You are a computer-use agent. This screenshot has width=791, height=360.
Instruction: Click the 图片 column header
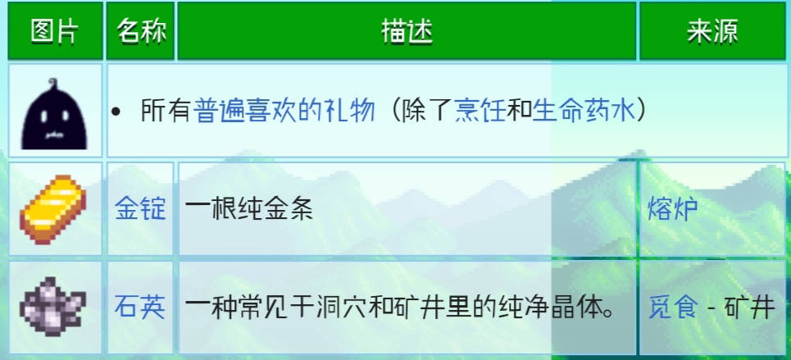[x=55, y=32]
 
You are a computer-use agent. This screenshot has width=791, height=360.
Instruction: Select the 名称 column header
[x=141, y=32]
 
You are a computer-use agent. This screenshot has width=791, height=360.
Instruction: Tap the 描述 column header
[x=407, y=32]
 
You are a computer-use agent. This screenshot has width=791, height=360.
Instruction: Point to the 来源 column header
[x=712, y=32]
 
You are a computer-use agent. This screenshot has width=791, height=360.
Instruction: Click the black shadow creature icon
[x=54, y=114]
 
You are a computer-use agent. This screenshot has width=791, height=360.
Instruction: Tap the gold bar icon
[x=53, y=209]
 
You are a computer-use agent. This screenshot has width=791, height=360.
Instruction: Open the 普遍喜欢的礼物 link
[x=284, y=111]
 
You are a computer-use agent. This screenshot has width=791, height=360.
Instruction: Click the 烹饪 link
[x=480, y=111]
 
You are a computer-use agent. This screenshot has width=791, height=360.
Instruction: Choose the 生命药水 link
[x=584, y=111]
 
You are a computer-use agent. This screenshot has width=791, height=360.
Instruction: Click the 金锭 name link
[x=140, y=209]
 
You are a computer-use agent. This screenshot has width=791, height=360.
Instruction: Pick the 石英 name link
[x=140, y=308]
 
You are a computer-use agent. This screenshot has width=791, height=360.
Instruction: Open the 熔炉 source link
[x=673, y=209]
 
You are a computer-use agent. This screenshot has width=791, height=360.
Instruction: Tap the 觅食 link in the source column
[x=673, y=308]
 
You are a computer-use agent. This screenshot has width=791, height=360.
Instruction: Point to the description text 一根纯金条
[x=249, y=209]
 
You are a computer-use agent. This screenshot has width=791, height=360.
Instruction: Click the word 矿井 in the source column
[x=750, y=308]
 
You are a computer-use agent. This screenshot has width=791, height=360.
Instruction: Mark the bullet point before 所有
[x=116, y=112]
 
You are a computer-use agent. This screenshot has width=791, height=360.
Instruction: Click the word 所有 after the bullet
[x=166, y=111]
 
